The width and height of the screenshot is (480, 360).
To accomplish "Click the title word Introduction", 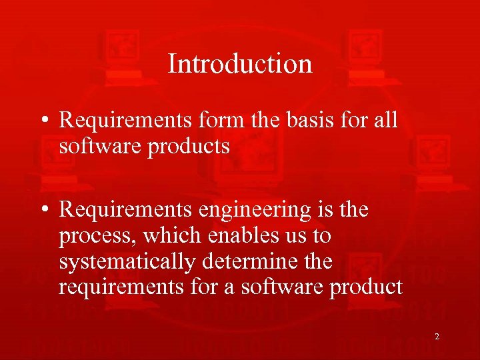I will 240,64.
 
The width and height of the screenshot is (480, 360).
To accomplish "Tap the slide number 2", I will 437,337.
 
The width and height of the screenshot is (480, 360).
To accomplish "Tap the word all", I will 383,121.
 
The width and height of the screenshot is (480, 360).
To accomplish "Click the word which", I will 169,235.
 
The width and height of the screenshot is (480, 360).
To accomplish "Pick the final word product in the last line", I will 363,287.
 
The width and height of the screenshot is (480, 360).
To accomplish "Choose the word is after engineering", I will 327,210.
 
